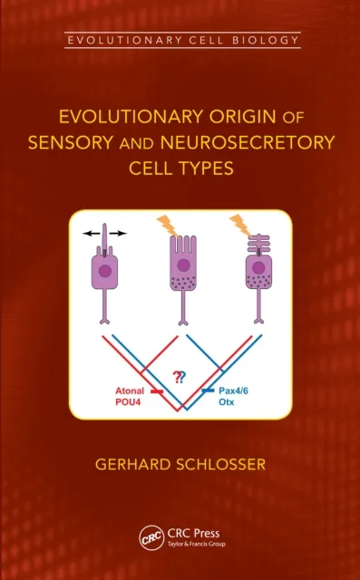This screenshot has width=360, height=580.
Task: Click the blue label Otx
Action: pos(225,401)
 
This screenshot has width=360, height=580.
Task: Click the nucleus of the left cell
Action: pos(105,270)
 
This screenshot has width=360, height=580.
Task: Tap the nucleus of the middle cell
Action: pos(183,266)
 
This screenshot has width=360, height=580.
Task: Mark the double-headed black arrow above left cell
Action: pos(104,233)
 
